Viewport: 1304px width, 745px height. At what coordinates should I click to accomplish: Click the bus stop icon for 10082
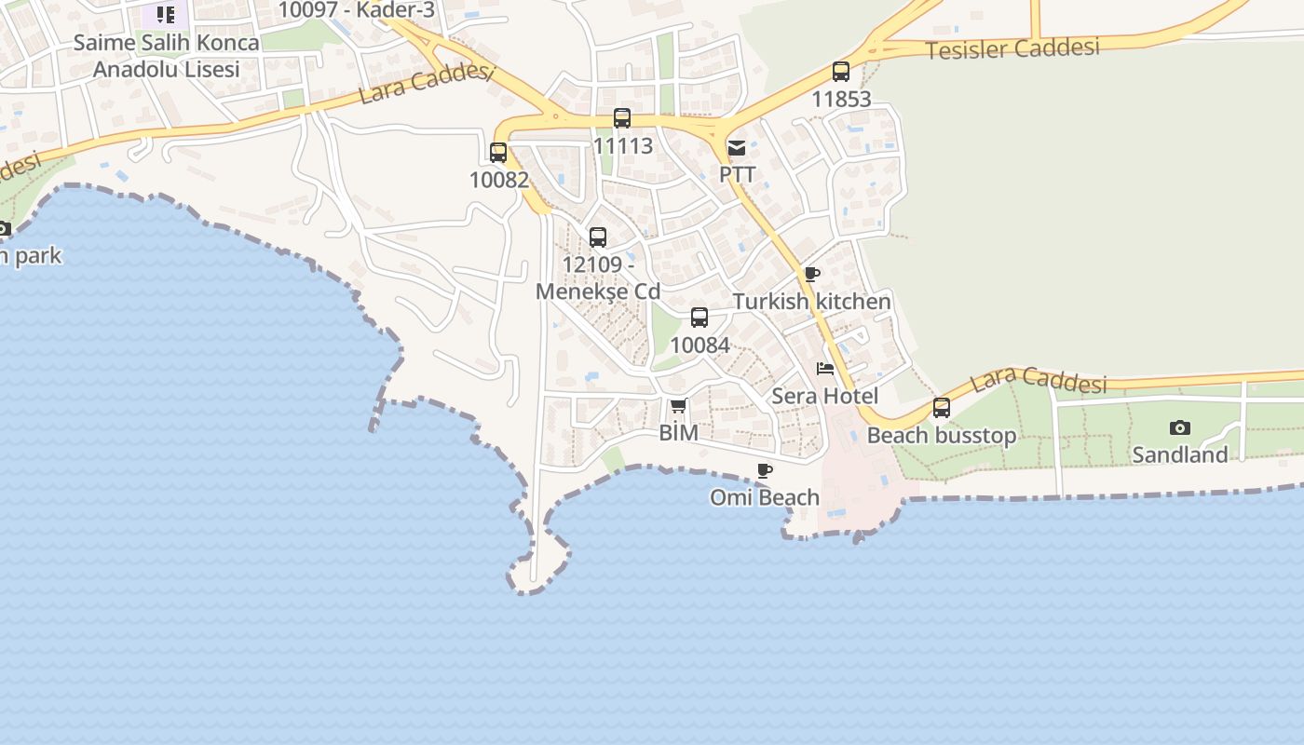tap(498, 152)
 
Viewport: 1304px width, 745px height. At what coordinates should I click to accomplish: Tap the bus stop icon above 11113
tap(622, 118)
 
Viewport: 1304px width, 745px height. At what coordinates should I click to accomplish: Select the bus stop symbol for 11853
tap(841, 71)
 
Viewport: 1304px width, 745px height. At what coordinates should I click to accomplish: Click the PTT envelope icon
tap(737, 147)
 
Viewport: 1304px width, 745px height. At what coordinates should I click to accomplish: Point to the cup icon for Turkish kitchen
tap(812, 274)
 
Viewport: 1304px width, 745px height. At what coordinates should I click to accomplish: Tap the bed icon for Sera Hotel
tap(825, 369)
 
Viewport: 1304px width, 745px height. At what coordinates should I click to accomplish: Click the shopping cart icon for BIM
tap(678, 405)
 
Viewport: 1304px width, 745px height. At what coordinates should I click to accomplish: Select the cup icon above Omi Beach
tap(765, 470)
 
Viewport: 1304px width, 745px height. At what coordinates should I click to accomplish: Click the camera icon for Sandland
tap(1180, 427)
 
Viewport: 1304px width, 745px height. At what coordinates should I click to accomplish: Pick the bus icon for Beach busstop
tap(942, 408)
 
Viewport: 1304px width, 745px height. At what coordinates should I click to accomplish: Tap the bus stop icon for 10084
tap(700, 318)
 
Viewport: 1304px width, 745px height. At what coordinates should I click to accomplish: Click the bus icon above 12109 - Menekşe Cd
tap(598, 237)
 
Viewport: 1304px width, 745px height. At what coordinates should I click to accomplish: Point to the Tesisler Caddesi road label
tap(1012, 48)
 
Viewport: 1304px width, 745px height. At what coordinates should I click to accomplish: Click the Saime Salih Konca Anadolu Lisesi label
tap(167, 56)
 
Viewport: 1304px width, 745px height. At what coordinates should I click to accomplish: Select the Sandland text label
tap(1180, 454)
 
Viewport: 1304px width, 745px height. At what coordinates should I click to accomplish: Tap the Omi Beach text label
tap(765, 497)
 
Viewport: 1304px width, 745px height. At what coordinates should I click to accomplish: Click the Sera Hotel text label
tap(825, 396)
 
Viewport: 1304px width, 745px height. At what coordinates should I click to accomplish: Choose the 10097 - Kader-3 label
tap(357, 10)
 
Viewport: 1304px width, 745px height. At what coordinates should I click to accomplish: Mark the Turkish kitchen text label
tap(812, 302)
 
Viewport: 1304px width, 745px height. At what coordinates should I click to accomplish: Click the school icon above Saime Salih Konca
tap(165, 14)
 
